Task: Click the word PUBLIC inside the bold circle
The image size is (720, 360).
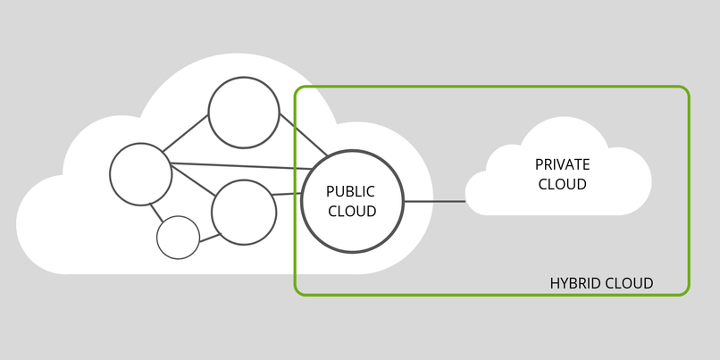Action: pos(350,191)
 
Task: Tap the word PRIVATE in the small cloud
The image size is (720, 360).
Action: pos(562,165)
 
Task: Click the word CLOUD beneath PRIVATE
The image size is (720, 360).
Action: pos(562,185)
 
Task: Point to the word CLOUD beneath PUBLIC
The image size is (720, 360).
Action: pos(352,211)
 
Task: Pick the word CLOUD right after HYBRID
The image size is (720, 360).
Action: pos(629,283)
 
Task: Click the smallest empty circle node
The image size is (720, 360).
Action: pos(178,238)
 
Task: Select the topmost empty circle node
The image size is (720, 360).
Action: pos(244,113)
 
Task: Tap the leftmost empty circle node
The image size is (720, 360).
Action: pos(140,173)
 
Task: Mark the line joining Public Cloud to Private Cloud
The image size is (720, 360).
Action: pos(434,201)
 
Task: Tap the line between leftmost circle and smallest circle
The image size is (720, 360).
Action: pos(156,212)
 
